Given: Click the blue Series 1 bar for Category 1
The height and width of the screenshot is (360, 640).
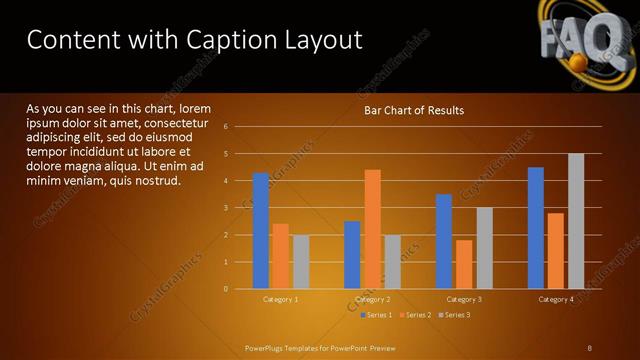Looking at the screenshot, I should [x=261, y=231].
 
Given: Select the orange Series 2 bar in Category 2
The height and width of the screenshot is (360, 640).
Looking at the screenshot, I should [x=372, y=229].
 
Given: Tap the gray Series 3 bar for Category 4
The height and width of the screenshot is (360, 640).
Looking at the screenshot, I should [x=576, y=221].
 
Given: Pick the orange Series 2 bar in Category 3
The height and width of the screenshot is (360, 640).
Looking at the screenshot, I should [x=464, y=264].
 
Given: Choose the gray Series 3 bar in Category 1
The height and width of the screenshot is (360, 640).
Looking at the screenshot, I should [x=301, y=262].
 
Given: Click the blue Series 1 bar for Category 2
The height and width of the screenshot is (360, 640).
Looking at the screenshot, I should [x=352, y=255].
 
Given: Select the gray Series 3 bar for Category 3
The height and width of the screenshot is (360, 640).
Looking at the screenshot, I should [x=484, y=248].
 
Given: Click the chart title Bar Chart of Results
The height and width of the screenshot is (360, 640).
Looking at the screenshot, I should [x=413, y=110].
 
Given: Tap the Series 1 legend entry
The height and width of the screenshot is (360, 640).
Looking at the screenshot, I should [x=376, y=315].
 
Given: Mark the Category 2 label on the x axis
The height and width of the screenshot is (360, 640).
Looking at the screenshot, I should [x=372, y=299].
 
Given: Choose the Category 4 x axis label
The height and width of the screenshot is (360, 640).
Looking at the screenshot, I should [x=556, y=299].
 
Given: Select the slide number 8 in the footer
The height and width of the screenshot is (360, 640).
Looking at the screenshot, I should [x=590, y=348].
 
